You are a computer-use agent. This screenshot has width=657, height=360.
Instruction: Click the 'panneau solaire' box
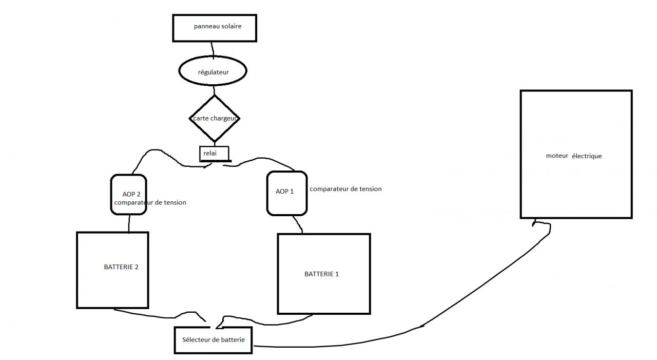(x=214, y=28)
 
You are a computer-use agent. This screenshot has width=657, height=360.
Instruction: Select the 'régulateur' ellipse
(x=212, y=72)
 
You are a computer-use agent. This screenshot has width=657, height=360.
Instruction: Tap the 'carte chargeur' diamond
(x=214, y=118)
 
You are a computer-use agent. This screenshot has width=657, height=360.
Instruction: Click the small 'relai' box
(x=214, y=153)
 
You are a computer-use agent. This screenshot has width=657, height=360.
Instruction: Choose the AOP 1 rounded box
(x=286, y=193)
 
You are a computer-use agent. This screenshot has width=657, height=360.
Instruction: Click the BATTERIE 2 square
(x=112, y=270)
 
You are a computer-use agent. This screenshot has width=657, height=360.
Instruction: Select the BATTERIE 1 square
(x=323, y=273)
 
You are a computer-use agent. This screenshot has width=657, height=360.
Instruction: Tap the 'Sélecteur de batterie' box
(x=213, y=340)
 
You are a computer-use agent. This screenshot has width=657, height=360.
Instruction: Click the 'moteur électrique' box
(x=575, y=154)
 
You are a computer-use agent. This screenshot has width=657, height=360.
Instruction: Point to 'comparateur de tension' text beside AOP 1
(x=345, y=189)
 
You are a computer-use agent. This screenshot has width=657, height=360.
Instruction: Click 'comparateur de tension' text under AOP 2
(x=150, y=203)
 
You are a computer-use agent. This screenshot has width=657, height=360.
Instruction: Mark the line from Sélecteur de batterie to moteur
(x=421, y=326)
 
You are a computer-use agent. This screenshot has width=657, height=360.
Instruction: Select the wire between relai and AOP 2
(x=154, y=151)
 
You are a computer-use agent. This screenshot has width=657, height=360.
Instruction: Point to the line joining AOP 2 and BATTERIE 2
(x=129, y=223)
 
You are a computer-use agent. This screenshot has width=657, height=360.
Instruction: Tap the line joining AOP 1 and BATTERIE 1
(x=298, y=224)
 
